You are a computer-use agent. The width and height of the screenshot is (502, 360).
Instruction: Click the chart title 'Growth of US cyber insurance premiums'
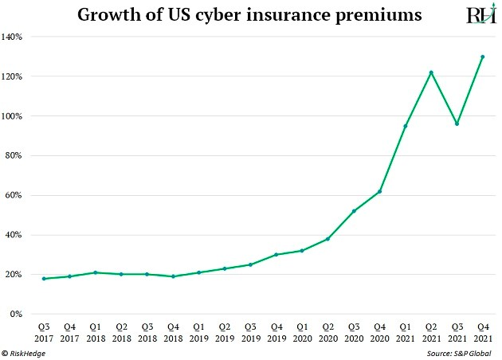tap(249, 15)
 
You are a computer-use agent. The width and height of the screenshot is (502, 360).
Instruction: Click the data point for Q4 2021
tap(482, 57)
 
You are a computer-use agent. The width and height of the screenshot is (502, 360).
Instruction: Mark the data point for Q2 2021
tap(431, 72)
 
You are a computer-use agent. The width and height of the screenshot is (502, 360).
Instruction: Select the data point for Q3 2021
tap(457, 123)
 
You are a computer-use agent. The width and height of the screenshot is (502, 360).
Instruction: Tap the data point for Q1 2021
tap(406, 126)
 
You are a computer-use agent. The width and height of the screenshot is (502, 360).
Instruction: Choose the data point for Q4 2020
tap(380, 191)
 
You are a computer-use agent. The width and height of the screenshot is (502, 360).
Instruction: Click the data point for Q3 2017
tap(44, 279)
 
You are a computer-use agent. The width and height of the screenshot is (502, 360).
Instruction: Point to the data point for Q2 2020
tap(327, 239)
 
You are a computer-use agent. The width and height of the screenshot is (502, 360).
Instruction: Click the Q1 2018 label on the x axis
tap(95, 332)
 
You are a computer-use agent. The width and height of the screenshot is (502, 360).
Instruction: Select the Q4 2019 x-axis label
tap(276, 332)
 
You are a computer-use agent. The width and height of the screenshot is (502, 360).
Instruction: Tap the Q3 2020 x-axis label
tap(354, 332)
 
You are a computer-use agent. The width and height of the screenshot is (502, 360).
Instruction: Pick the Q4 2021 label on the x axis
tap(482, 332)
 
